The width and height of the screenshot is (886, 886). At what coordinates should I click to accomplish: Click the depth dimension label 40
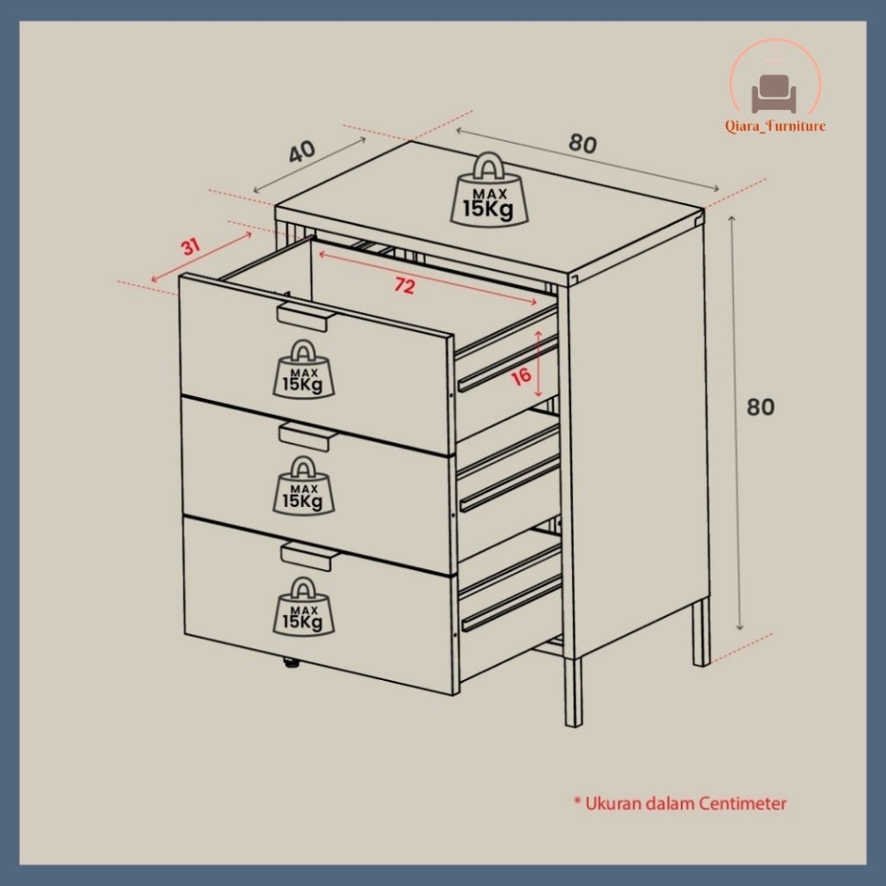[302, 151]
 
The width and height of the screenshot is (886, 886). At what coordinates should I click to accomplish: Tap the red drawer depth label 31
[190, 247]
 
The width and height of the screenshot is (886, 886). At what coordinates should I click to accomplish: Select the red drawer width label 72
[405, 286]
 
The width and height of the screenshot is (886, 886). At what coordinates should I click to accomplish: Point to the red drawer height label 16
[521, 376]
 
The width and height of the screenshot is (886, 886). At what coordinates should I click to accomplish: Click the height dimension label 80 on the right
[760, 407]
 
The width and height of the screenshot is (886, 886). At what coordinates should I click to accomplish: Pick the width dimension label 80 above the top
[582, 144]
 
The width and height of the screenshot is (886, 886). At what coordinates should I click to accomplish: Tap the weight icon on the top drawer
[304, 369]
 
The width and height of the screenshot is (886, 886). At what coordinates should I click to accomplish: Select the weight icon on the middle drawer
[304, 485]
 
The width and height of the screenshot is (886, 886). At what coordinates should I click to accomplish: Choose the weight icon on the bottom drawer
[304, 606]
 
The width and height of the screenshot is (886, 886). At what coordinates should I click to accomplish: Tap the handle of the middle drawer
[305, 436]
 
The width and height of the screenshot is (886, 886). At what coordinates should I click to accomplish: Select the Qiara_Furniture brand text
[775, 126]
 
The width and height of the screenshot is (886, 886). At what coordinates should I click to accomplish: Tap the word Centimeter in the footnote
[742, 803]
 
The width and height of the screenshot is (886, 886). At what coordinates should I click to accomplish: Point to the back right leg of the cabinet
[701, 632]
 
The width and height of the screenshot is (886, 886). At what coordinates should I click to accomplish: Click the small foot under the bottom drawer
[291, 663]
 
